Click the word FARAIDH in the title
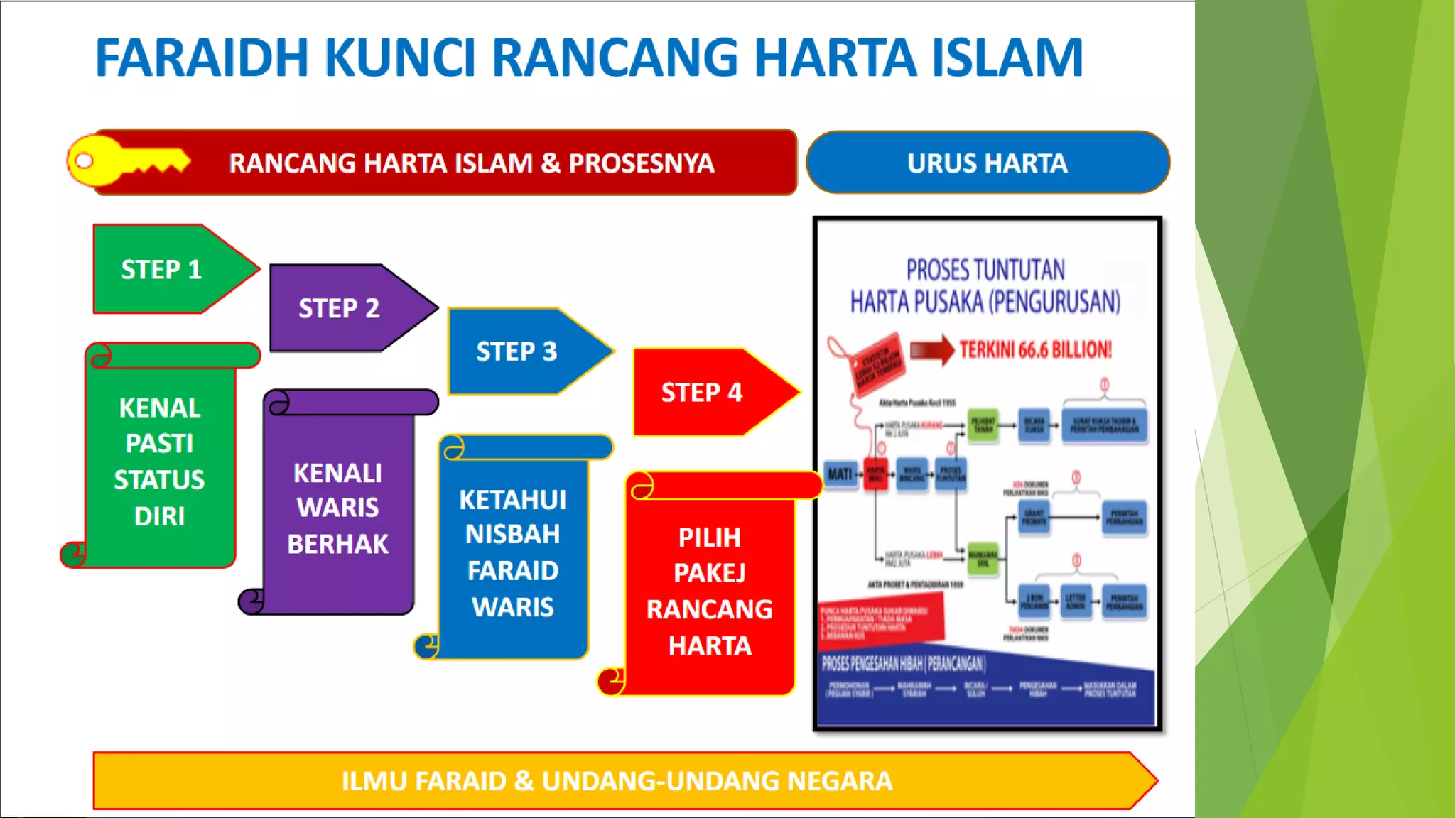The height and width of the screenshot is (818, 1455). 202,58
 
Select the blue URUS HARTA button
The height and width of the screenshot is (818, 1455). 988,163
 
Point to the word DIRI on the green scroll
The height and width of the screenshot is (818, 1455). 159,516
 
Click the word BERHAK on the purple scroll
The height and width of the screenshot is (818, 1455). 338,544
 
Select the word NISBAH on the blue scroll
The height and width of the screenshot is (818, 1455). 512,534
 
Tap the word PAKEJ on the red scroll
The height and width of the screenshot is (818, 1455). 709,573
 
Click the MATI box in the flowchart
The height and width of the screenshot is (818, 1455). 840,474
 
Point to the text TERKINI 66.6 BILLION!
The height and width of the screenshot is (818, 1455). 1035,350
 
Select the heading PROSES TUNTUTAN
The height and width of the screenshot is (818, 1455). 985,271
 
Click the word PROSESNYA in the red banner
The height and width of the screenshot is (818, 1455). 641,163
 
